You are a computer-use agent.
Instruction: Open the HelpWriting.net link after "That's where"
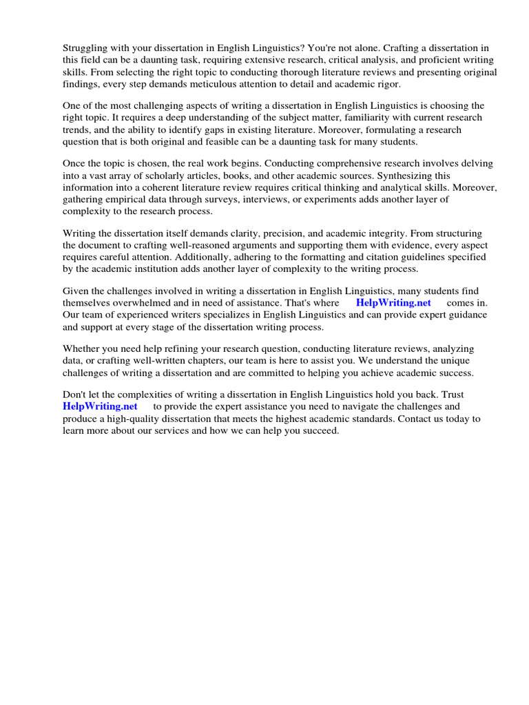393,303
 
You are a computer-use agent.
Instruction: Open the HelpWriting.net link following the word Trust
100,406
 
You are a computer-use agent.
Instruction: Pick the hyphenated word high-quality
132,419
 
